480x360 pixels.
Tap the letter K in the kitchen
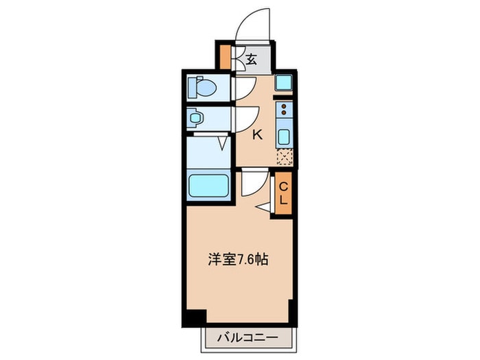[257, 134]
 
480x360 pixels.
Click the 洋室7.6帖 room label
[238, 260]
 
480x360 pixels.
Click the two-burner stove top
[283, 109]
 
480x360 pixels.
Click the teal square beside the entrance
[283, 83]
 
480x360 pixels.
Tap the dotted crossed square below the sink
[283, 157]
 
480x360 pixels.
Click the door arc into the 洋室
[251, 182]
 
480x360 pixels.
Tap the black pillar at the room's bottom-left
[195, 317]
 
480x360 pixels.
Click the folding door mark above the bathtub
[223, 144]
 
